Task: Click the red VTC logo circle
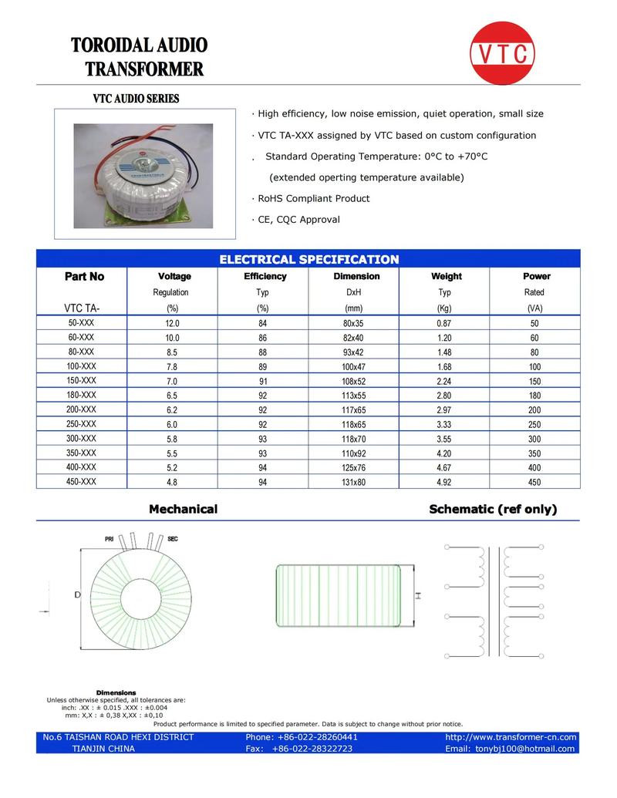(x=502, y=52)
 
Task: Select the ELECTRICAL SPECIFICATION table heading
(x=308, y=259)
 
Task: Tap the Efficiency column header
(x=265, y=276)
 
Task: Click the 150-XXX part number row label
(x=82, y=381)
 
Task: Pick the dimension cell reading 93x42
(x=352, y=352)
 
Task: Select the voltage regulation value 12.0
(x=170, y=324)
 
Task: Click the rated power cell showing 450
(x=534, y=483)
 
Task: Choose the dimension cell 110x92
(x=352, y=453)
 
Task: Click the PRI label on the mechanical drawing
(x=110, y=538)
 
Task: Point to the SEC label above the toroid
(x=172, y=538)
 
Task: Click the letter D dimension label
(x=78, y=594)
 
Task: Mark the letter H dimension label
(x=417, y=595)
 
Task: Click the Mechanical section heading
(x=183, y=509)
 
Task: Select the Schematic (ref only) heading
(x=493, y=509)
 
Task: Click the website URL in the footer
(x=511, y=737)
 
